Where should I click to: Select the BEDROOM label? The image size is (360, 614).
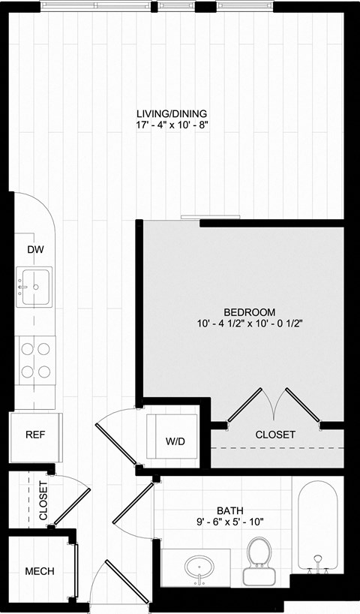pyautogui.click(x=249, y=312)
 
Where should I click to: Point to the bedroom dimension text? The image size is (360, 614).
pyautogui.click(x=249, y=324)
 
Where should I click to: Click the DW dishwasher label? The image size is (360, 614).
pyautogui.click(x=34, y=249)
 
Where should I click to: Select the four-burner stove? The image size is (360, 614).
pyautogui.click(x=36, y=359)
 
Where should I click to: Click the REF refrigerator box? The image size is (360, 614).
pyautogui.click(x=34, y=435)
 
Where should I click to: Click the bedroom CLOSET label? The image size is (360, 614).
pyautogui.click(x=275, y=435)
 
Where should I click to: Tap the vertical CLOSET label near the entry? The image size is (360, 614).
pyautogui.click(x=43, y=502)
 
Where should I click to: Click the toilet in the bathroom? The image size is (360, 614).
pyautogui.click(x=259, y=559)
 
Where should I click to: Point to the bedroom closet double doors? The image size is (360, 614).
pyautogui.click(x=274, y=405)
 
